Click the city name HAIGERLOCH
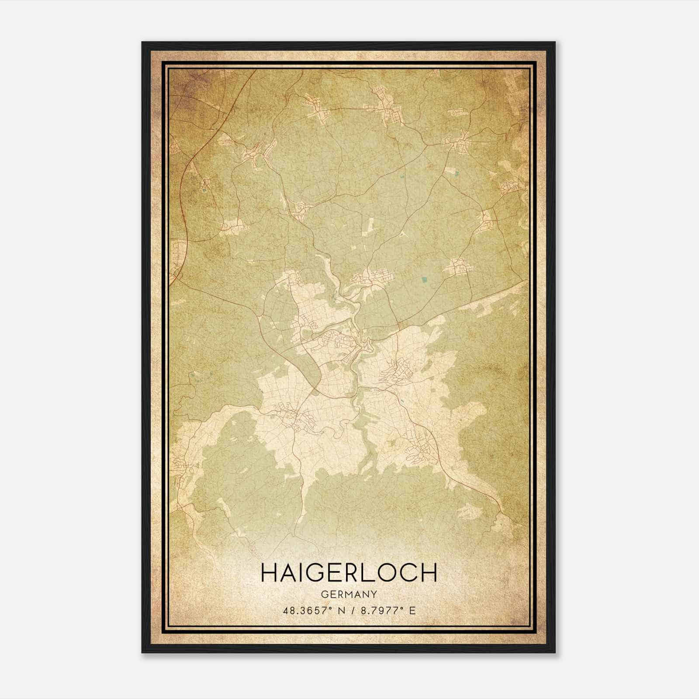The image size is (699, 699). pyautogui.click(x=349, y=573)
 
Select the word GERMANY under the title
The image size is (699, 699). pyautogui.click(x=349, y=594)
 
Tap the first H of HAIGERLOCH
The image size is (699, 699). pyautogui.click(x=268, y=573)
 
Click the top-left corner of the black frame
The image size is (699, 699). pyautogui.click(x=142, y=42)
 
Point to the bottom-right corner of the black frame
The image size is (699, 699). pyautogui.click(x=555, y=653)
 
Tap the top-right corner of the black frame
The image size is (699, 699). pyautogui.click(x=555, y=42)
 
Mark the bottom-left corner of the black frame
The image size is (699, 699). pyautogui.click(x=142, y=653)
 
